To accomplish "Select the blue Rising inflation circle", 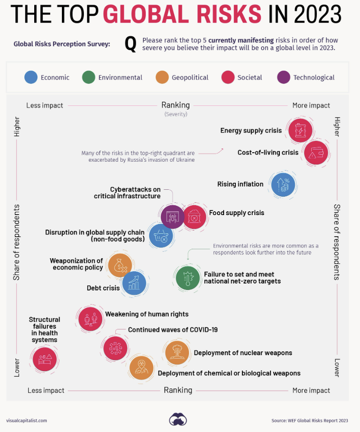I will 283,184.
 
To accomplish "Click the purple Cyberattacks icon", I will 172,216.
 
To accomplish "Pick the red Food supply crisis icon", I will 194,216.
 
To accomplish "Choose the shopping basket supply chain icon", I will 161,235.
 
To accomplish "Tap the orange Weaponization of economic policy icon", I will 120,265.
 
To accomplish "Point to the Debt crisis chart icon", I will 134,283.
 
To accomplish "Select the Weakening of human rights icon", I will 90,319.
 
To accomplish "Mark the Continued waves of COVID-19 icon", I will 115,348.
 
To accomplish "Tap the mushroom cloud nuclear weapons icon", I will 177,352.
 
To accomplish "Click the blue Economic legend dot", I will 31,77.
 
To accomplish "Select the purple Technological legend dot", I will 284,77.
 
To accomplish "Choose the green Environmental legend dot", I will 89,77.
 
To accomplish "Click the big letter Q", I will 130,44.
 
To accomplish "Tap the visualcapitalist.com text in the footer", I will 27,420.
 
